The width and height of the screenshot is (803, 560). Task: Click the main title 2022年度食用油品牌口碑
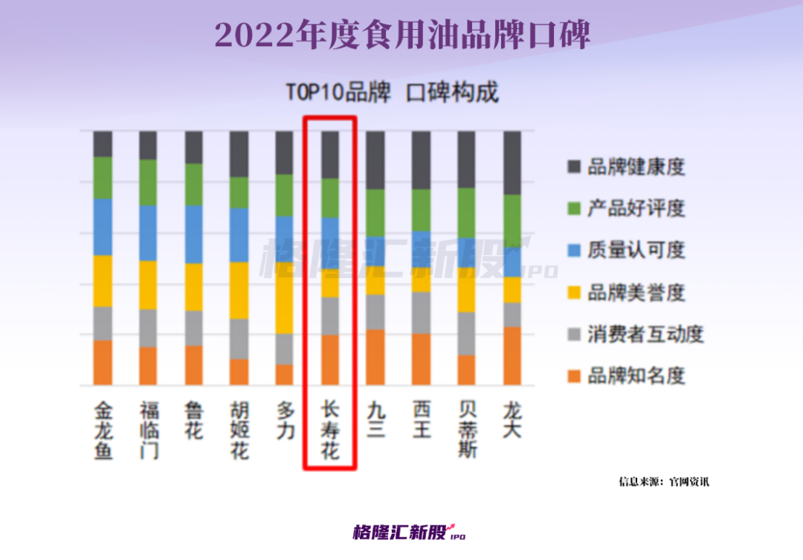(401, 35)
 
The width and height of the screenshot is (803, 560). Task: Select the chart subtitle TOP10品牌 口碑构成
(392, 93)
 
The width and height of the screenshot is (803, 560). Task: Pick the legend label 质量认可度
(636, 250)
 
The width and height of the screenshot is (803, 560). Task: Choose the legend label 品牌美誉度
(636, 292)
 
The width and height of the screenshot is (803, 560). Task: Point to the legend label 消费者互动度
(645, 334)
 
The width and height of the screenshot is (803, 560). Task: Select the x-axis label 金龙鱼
(103, 431)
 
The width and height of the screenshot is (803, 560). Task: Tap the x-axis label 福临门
(149, 431)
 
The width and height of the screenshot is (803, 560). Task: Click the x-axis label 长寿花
(330, 431)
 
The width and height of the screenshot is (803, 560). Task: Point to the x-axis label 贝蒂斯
(467, 431)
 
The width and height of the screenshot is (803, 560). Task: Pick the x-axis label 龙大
(512, 421)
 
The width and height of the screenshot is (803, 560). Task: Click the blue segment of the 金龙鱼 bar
(103, 227)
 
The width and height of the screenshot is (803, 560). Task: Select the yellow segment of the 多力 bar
(285, 297)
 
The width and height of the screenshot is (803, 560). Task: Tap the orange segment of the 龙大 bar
(512, 355)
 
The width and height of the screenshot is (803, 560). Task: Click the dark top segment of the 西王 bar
(422, 160)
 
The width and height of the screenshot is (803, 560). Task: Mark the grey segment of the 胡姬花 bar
(239, 339)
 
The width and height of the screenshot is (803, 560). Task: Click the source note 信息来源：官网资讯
(664, 481)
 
